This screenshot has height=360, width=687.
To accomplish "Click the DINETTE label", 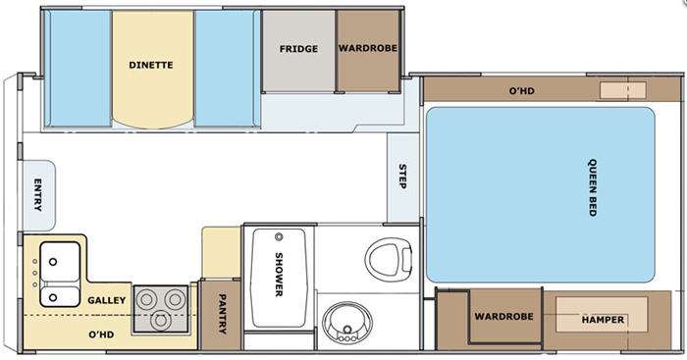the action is coord(151,65).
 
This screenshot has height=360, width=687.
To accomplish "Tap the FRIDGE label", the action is coord(298,49).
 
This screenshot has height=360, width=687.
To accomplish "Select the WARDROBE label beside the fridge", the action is coord(368,48).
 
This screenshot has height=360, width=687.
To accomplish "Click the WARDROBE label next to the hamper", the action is coord(503,316).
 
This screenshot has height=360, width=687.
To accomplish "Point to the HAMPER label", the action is coord(603,320).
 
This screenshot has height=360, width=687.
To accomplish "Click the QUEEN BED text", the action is coord(593,187).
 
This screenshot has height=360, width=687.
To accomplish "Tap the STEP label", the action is coord(402,176).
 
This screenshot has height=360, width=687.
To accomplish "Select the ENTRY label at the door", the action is coord(38,194).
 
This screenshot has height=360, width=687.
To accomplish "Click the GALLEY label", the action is coord(106,300).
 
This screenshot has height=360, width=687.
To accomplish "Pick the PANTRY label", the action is coord(223,314).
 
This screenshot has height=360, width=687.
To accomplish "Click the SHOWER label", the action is coord(279,275).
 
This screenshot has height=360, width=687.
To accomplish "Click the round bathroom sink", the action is coord(347,323).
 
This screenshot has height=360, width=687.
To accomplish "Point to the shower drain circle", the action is coord(279,237).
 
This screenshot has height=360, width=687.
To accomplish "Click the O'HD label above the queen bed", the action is coord(522,91).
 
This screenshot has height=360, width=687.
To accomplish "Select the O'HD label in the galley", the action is coord(101,334).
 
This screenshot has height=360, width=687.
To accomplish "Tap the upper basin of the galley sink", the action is coord(60,262).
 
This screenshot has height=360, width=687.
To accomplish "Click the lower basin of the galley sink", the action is coord(60,297).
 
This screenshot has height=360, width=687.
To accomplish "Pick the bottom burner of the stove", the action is coord(161,321).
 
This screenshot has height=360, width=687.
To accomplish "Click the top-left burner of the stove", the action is coord(147,299).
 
